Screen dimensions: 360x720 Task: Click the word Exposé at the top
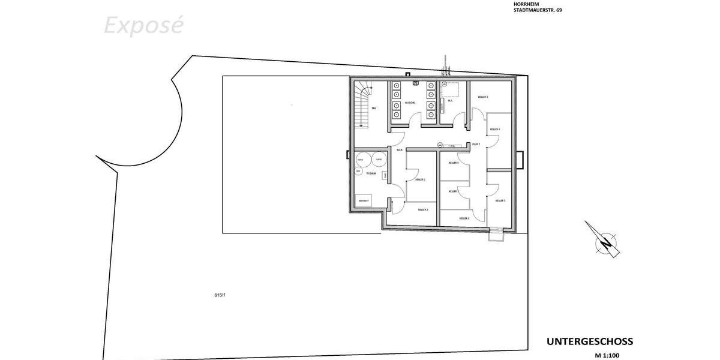(143, 26)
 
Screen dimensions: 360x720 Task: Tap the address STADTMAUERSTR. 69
(538, 10)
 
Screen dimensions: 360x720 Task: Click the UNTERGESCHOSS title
(589, 341)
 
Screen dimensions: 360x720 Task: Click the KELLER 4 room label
(495, 130)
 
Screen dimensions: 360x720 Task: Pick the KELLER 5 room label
(500, 200)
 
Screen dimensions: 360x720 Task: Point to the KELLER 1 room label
(421, 179)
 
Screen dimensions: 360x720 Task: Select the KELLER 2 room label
(423, 209)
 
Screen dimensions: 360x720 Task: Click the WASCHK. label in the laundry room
(410, 103)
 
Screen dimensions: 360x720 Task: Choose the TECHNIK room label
(371, 173)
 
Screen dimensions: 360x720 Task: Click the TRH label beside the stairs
(374, 108)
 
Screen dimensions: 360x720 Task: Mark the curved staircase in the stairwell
(362, 105)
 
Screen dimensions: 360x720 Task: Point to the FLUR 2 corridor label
(476, 145)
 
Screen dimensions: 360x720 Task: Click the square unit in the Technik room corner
(364, 200)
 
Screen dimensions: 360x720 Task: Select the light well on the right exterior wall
(520, 160)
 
